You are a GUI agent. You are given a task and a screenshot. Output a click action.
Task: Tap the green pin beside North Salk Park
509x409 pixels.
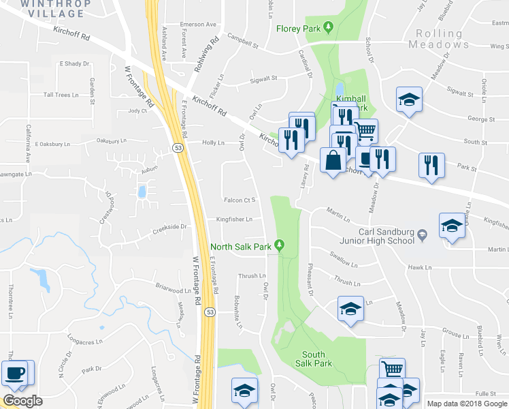coord(278,246)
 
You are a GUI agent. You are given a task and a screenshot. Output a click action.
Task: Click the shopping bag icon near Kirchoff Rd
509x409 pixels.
coord(333,162)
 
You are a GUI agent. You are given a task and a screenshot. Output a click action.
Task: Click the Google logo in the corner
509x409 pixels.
coord(22,400)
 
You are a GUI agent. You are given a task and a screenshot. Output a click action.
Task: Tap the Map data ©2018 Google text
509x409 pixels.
coord(467,404)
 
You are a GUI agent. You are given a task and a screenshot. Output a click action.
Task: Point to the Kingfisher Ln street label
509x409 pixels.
coord(234,219)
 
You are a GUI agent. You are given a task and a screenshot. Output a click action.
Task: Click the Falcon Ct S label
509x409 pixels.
coord(239,200)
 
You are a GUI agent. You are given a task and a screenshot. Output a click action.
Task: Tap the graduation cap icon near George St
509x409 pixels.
coord(410,100)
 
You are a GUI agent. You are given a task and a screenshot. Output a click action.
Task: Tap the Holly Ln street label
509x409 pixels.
coord(213,142)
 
